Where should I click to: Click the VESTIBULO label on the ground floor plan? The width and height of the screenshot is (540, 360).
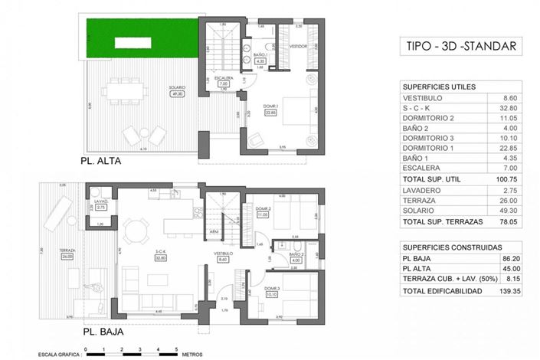coord(224,254)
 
